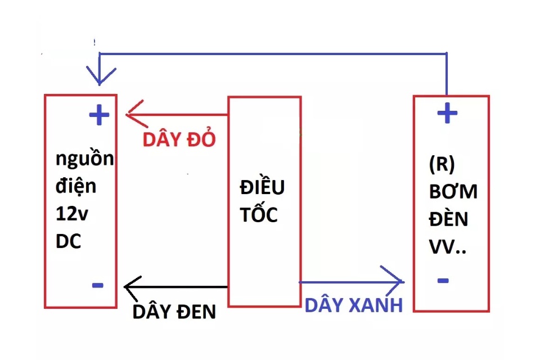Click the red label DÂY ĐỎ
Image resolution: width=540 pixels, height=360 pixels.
[x=179, y=138]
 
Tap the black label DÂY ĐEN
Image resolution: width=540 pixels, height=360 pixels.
[x=174, y=311]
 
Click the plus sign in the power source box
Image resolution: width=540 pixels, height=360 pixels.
[x=99, y=115]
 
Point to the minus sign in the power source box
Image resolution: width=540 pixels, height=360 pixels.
[x=98, y=285]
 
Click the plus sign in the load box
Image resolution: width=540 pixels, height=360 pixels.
[x=447, y=112]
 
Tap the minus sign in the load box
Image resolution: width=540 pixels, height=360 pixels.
[x=443, y=281]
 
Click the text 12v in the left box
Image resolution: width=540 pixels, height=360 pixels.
[x=71, y=214]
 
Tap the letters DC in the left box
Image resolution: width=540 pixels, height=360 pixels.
[x=68, y=241]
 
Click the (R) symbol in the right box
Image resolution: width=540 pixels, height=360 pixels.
[x=442, y=164]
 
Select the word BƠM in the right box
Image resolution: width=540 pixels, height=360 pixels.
[x=453, y=191]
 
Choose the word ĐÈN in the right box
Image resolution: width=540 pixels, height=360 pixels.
[x=448, y=218]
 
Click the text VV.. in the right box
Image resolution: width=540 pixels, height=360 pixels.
[x=447, y=246]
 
